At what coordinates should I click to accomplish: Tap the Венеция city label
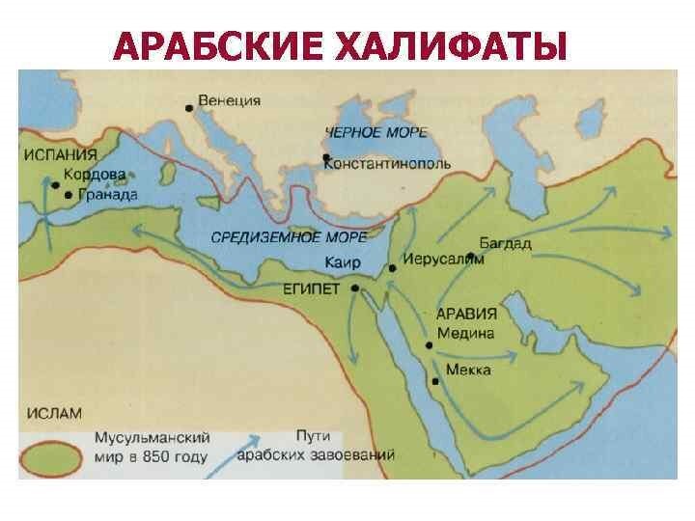pos(229,99)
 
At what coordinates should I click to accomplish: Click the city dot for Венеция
pos(190,108)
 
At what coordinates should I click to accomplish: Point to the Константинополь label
pos(387,163)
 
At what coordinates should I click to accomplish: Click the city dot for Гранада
pos(68,195)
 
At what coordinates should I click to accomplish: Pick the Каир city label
pos(343,261)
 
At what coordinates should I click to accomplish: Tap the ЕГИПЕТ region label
pos(308,288)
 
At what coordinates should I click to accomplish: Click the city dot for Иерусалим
pos(393,269)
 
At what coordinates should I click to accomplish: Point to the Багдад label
pos(505,244)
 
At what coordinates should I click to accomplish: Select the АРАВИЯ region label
pos(466,314)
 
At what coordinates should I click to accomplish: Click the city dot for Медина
pos(428,343)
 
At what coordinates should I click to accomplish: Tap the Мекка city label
pos(468,370)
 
